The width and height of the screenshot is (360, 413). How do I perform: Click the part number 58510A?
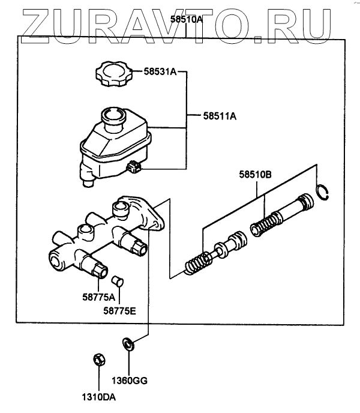click(187, 19)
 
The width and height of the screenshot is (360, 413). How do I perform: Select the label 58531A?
click(160, 71)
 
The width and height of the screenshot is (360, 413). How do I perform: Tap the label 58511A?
click(220, 116)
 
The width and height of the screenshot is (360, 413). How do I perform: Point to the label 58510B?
click(255, 174)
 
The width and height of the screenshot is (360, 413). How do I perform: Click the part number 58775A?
click(99, 297)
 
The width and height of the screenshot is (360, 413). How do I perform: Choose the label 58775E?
click(119, 311)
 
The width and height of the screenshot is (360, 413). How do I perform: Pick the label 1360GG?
click(130, 381)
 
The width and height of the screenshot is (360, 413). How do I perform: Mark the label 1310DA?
click(99, 397)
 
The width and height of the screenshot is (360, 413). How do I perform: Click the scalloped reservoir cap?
click(114, 73)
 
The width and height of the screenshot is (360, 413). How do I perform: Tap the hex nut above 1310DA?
click(99, 360)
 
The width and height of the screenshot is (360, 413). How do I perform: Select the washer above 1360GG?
click(128, 344)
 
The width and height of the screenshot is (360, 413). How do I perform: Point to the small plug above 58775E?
click(117, 281)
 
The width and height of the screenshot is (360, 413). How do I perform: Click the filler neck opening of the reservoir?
click(113, 115)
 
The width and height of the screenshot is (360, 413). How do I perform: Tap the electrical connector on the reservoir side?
click(133, 167)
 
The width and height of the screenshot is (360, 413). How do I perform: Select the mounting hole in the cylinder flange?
click(155, 224)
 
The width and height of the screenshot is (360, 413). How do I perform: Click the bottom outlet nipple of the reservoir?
click(88, 183)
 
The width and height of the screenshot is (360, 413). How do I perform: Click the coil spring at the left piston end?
click(196, 264)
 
